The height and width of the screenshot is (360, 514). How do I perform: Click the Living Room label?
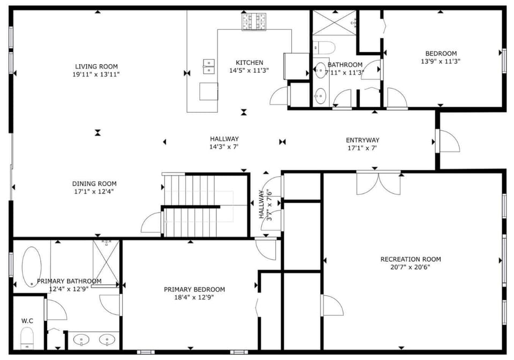[96, 66]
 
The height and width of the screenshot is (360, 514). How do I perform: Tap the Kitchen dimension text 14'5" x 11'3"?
[249, 71]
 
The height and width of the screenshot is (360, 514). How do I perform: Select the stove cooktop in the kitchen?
[254, 21]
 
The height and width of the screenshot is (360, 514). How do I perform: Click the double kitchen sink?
[209, 66]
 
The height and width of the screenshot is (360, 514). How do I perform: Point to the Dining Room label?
[94, 184]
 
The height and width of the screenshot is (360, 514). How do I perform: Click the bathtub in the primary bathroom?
[32, 266]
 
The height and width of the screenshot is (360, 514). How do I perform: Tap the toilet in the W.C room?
[27, 339]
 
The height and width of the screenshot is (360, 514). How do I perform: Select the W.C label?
[27, 321]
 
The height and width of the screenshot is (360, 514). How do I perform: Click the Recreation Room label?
[411, 259]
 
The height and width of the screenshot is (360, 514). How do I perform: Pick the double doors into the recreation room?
[379, 182]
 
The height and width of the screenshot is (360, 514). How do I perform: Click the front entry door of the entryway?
[448, 141]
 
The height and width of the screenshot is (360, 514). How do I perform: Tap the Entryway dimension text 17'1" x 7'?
[362, 148]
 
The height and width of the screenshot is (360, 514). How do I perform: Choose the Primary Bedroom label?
[194, 289]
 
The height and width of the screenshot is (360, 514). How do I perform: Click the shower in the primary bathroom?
[106, 263]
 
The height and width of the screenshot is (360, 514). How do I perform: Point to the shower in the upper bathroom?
[334, 22]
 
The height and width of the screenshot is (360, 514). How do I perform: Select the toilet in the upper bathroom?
[324, 48]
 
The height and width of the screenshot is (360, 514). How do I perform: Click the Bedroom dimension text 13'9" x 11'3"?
[441, 62]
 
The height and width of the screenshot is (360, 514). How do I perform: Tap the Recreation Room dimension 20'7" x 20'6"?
[410, 267]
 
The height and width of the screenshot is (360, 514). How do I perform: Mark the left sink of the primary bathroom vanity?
[81, 340]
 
